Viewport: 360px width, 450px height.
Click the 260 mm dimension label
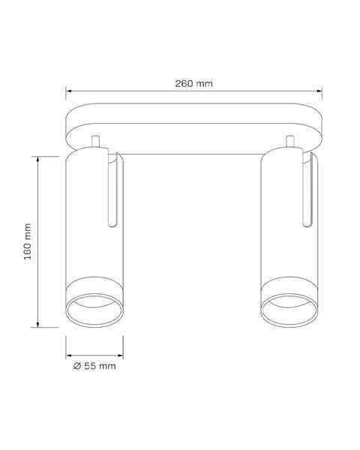194,83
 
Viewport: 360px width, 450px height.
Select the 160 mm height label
28,241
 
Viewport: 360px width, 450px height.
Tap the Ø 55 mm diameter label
94,366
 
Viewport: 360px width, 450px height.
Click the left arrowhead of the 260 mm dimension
68,91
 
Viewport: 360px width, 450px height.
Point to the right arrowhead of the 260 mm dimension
319,91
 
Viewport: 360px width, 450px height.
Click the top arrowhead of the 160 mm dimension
37,159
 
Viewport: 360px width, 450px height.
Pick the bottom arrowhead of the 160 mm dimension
37,324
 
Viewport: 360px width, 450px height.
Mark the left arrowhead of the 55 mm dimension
68,355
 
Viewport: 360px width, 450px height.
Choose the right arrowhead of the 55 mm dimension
121,355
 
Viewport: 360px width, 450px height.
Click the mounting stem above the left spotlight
95,141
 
